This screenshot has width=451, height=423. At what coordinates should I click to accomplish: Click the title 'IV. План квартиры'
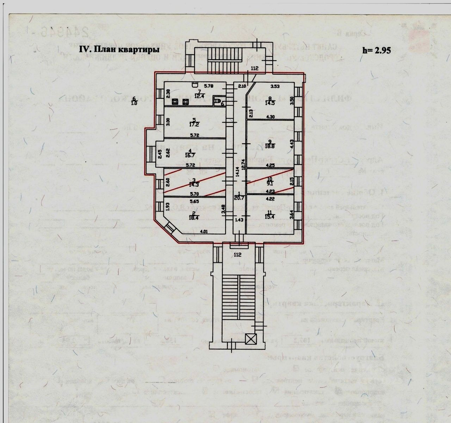point(119,50)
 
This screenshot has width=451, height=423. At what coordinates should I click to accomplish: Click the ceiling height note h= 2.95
point(376,50)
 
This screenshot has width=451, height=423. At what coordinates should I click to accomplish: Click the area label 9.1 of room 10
point(270,183)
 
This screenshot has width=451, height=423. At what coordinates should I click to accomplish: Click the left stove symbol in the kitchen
point(175,102)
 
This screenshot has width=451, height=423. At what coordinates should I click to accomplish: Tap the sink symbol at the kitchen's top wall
point(194,84)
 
